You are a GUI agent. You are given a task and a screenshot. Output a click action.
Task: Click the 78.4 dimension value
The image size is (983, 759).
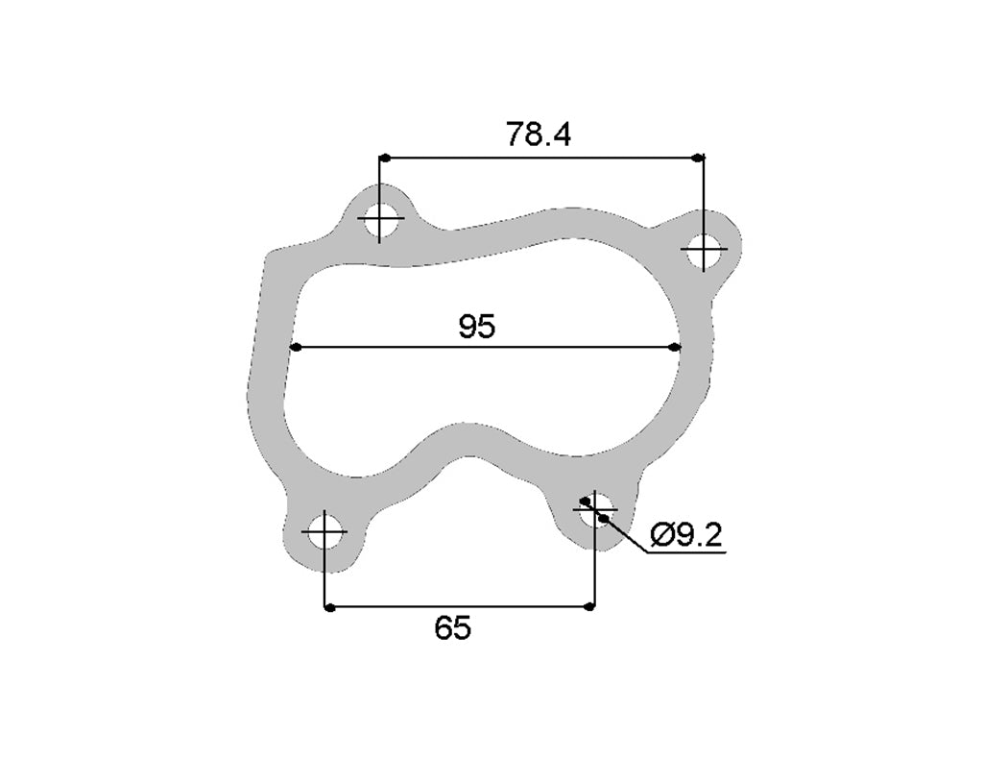pyautogui.click(x=539, y=135)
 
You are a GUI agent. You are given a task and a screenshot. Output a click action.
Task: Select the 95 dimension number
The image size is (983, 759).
pyautogui.click(x=476, y=328)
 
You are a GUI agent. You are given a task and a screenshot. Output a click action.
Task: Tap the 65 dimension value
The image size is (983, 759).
pyautogui.click(x=452, y=628)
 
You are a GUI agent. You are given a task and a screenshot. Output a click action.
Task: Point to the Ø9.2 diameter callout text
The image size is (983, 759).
pyautogui.click(x=685, y=535)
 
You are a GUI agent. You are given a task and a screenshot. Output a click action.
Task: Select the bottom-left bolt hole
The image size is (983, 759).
pyautogui.click(x=325, y=531)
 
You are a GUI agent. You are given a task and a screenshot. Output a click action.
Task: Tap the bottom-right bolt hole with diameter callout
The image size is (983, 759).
pyautogui.click(x=594, y=510)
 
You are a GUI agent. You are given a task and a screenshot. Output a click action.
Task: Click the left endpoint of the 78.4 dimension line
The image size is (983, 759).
pyautogui.click(x=381, y=158)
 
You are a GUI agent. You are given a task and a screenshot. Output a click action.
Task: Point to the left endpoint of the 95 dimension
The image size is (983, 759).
pyautogui.click(x=295, y=347)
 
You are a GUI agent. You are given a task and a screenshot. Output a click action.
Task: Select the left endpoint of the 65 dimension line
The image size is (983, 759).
pyautogui.click(x=327, y=607)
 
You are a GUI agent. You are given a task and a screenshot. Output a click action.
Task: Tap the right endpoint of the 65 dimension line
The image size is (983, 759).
pyautogui.click(x=591, y=607)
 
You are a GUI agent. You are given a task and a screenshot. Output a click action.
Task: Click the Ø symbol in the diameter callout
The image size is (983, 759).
pyautogui.click(x=660, y=535)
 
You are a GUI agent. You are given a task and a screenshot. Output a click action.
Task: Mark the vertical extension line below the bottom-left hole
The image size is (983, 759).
pyautogui.click(x=325, y=576)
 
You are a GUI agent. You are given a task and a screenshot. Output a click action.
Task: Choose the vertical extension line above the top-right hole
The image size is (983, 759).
pyautogui.click(x=704, y=192)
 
